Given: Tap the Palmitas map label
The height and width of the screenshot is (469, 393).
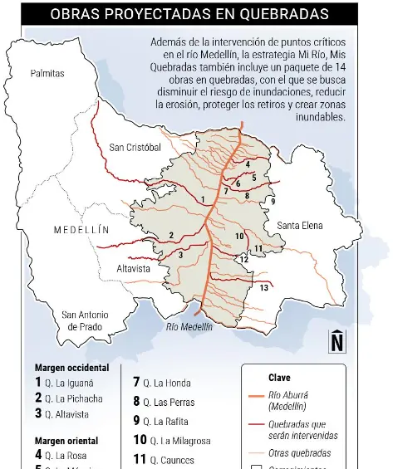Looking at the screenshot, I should coord(47,74).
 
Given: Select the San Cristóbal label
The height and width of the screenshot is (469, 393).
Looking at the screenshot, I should coord(135,148).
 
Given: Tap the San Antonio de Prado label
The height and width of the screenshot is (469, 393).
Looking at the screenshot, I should coord(83,320).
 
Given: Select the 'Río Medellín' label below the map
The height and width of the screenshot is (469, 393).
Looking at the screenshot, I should coord(189,327).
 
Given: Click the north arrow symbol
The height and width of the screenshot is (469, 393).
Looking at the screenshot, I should coord(337,341).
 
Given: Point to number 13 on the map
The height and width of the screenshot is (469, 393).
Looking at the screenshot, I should coord(263,287).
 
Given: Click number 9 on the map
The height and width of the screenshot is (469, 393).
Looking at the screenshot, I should coord(273,202).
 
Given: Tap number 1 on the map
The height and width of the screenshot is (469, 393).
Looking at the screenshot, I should coord(203,199).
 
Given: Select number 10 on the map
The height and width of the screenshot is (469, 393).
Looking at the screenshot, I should coord(239,236).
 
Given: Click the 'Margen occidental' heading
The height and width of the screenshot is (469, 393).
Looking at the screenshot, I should coord(71,367).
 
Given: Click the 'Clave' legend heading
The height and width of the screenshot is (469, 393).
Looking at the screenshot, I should coord(279,377).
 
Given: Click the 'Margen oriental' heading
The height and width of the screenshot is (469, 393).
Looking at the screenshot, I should coord(66,441).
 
